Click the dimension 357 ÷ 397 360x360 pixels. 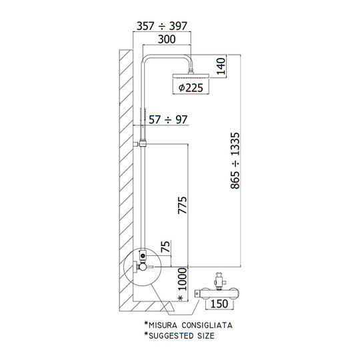coord(162,26)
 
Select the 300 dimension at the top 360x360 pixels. coord(167,39)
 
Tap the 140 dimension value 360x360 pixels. coord(221,66)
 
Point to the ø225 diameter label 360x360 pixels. coord(191,88)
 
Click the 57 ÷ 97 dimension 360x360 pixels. coord(168,119)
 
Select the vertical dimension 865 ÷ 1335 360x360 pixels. coord(235,161)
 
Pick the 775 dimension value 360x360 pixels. coord(183,205)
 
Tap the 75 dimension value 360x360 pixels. coord(165,247)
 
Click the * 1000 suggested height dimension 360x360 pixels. coord(183,284)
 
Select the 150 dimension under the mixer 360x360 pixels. coord(219,304)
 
